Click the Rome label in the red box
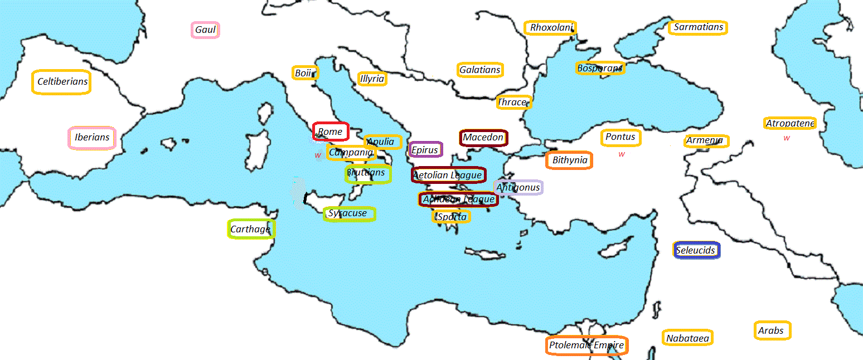coord(330,132)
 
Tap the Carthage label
coord(251,229)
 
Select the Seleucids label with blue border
coord(696,250)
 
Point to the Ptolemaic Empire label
coord(586,346)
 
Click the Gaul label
coord(205,30)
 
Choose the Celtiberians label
coord(62,82)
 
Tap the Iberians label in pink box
coord(92,138)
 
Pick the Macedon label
coord(483,138)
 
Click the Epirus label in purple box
coord(425,149)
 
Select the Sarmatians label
coord(698,27)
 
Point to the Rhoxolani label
coord(550,27)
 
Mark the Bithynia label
coord(569,160)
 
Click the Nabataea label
coord(688,338)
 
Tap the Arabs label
coord(772,330)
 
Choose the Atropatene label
coord(790,123)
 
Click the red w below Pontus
coord(622,154)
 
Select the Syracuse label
coord(349,213)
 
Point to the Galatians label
coord(480,70)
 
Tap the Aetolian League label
coord(448,175)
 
